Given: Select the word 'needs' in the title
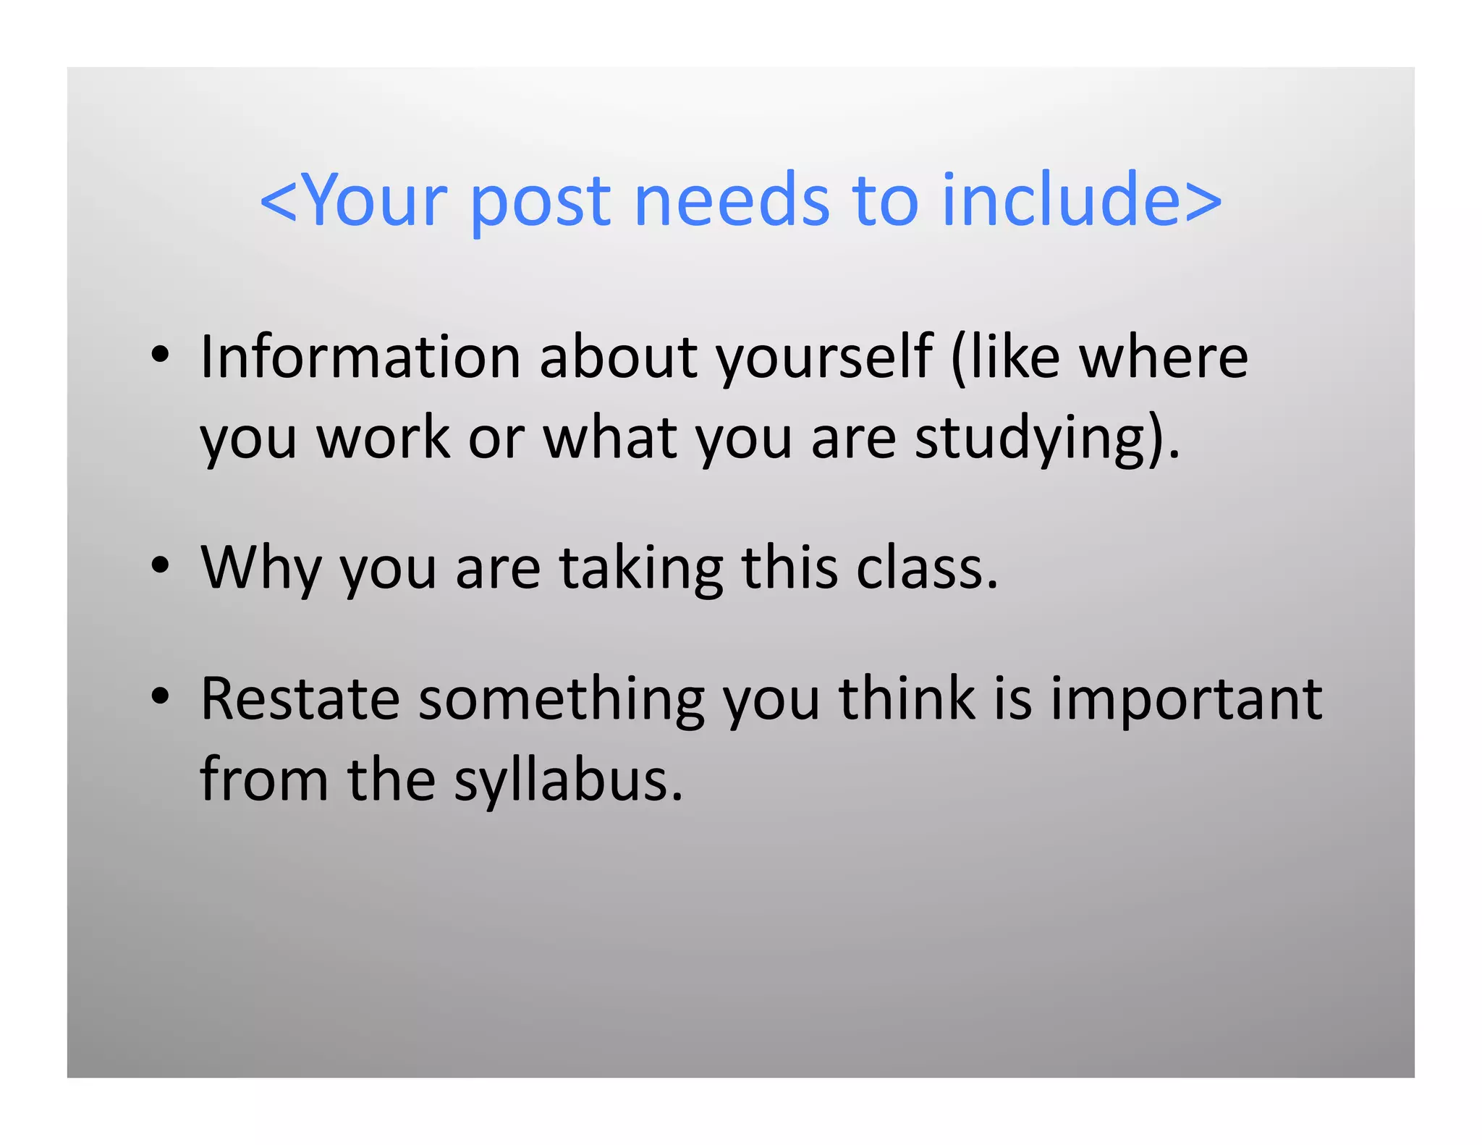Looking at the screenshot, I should (x=732, y=200).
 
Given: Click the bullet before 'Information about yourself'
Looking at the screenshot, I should (x=160, y=355).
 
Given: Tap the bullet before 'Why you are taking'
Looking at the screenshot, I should (x=160, y=565).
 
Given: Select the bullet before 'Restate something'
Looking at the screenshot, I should (x=160, y=696).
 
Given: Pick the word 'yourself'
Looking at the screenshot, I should (x=823, y=358).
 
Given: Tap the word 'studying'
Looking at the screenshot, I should (x=1039, y=439).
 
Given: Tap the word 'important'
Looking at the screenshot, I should (x=1186, y=700).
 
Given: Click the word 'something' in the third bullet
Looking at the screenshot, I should (x=561, y=700).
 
